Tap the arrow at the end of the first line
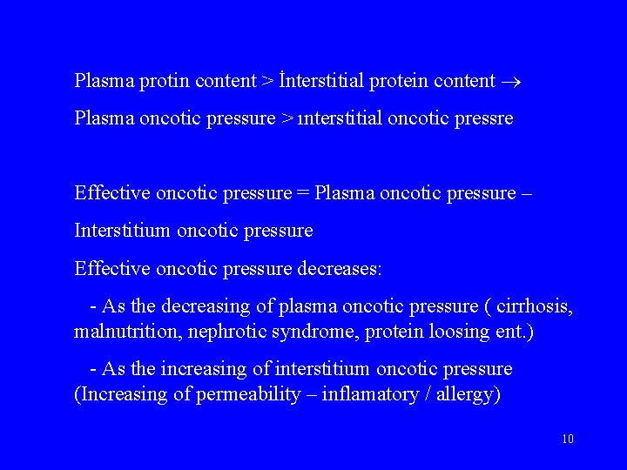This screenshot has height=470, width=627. coord(510,82)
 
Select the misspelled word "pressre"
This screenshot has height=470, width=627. coord(484,118)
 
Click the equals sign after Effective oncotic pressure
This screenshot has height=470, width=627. coord(302,192)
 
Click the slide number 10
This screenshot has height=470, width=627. coord(567,439)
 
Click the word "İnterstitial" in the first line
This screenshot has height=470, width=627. coord(323,81)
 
